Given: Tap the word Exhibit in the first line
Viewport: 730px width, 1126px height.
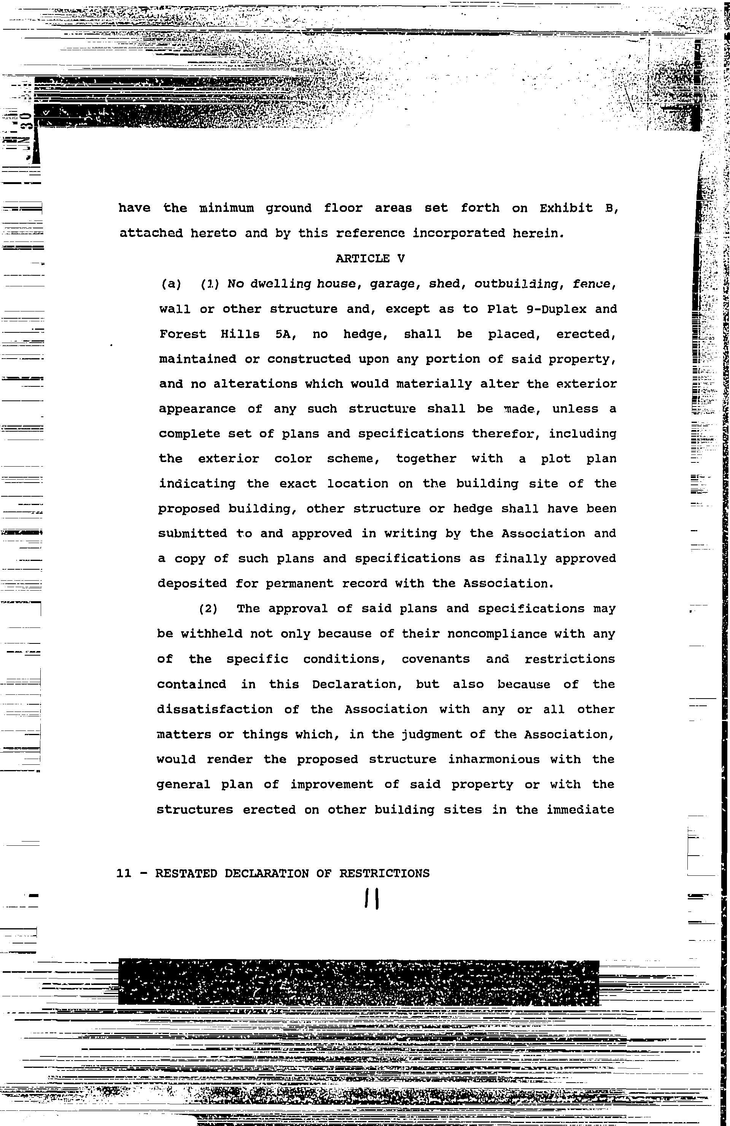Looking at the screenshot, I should [x=566, y=208].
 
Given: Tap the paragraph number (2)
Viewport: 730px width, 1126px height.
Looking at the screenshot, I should [x=208, y=609].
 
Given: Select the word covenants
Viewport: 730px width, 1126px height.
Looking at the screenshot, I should [x=436, y=659].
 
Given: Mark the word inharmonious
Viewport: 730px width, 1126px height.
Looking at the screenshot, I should [x=494, y=759].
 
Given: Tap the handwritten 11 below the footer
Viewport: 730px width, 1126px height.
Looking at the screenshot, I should [x=372, y=899].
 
